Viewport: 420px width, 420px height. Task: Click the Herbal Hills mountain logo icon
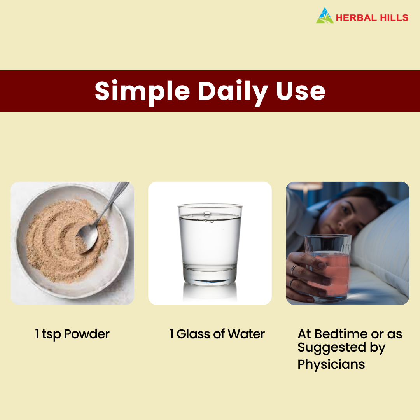coord(325,16)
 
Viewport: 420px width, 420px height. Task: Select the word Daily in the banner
coord(232,91)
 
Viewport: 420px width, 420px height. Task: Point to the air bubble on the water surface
coord(207,213)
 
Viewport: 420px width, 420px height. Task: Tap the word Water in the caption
coord(246,334)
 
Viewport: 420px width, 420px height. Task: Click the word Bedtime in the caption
coord(343,334)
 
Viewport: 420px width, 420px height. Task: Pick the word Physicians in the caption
coord(331,364)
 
